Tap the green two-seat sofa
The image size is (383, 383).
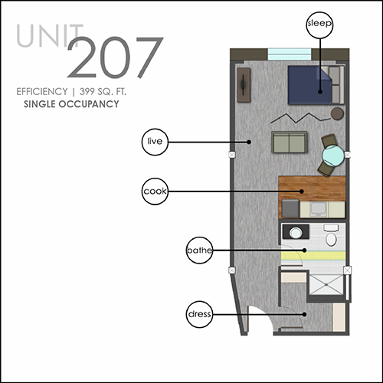(290, 142)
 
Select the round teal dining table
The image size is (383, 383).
(333, 155)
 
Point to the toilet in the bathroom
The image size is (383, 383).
(331, 235)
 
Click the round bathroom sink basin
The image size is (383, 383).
(296, 232)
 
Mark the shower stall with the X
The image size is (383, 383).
(326, 285)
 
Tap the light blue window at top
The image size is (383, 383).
(290, 54)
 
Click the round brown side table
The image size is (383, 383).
(337, 113)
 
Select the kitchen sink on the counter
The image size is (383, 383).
(318, 209)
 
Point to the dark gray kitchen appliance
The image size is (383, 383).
(290, 209)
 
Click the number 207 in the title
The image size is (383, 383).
(115, 57)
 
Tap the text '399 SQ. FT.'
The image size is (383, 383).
(103, 91)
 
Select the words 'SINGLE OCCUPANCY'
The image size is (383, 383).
(71, 104)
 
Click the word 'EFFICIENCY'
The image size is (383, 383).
(42, 91)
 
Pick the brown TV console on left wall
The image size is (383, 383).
(244, 85)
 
